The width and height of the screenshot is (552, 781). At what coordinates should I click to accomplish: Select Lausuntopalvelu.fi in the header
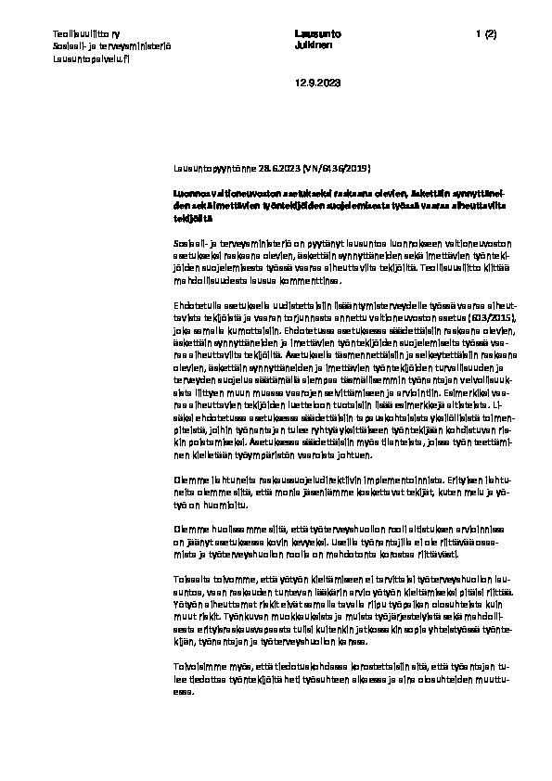pyautogui.click(x=91, y=58)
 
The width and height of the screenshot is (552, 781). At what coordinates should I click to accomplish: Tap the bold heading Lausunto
pyautogui.click(x=311, y=33)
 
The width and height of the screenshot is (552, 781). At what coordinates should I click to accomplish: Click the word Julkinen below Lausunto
pyautogui.click(x=309, y=45)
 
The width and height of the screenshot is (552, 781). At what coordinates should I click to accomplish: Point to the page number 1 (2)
pyautogui.click(x=486, y=33)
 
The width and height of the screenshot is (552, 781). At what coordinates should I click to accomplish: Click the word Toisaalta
pyautogui.click(x=191, y=579)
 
